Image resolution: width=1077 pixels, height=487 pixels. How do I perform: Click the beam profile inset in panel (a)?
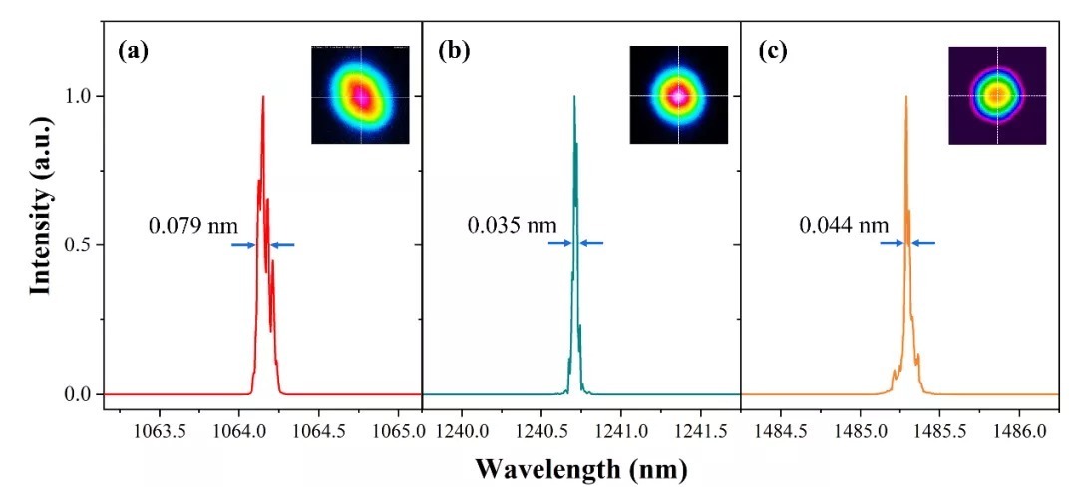coord(360,95)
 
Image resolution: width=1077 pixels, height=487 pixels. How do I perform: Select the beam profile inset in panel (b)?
coord(678,95)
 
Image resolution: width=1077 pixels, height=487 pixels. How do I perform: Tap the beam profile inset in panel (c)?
coord(997,95)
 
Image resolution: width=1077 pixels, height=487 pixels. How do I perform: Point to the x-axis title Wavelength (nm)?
coord(581,467)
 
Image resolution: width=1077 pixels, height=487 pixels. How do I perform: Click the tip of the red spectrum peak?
coord(263,97)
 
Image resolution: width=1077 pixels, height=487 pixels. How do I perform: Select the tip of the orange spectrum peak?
coord(905,97)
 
